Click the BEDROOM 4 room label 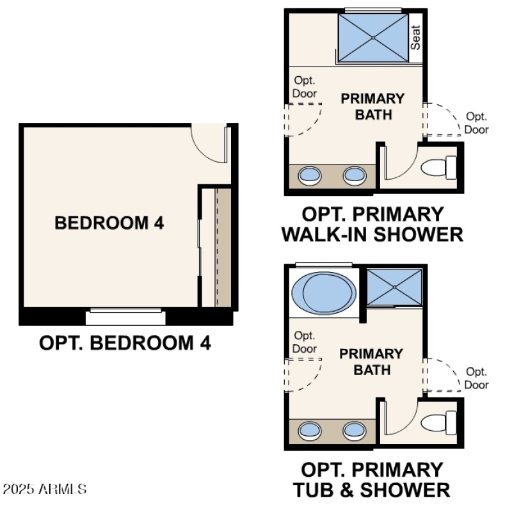click(x=109, y=223)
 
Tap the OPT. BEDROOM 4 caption click(x=125, y=343)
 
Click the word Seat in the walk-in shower click(x=416, y=38)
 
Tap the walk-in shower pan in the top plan click(x=372, y=37)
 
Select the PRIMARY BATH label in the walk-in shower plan click(x=372, y=107)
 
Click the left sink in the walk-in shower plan click(x=310, y=175)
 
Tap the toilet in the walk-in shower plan click(x=438, y=168)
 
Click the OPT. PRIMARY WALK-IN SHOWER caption click(x=372, y=224)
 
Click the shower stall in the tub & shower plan click(x=394, y=287)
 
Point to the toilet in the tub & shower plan click(x=438, y=423)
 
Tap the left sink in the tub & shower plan click(x=310, y=429)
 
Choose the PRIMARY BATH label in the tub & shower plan click(x=371, y=362)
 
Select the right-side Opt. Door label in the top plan click(x=476, y=123)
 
